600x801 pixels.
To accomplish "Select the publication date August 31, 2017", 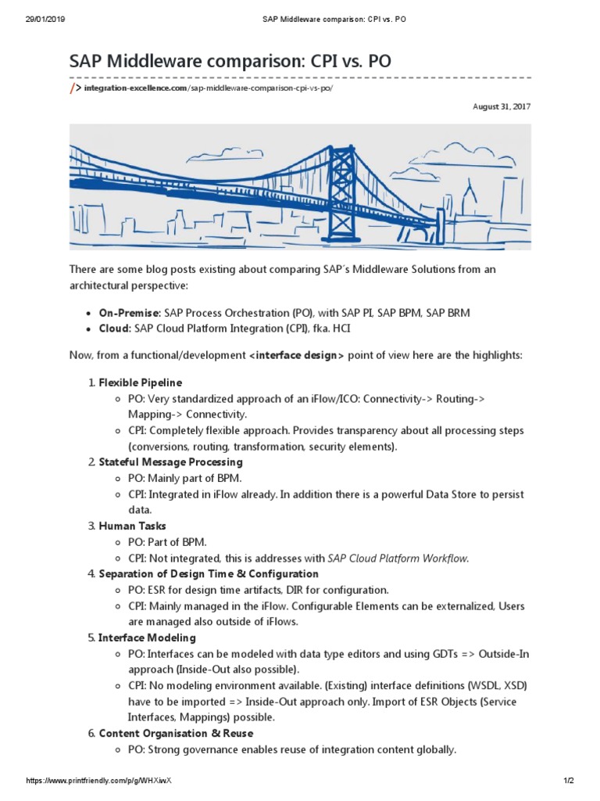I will tap(502, 106).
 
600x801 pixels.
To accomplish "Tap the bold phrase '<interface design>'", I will tap(296, 356).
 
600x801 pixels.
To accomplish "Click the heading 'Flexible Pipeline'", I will tap(141, 383).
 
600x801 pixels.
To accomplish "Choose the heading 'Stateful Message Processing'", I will tap(170, 462).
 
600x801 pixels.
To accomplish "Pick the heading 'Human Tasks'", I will tap(132, 526).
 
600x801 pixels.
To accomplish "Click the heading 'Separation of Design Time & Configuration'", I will tap(209, 574).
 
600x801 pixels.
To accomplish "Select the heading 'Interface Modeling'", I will tap(147, 638).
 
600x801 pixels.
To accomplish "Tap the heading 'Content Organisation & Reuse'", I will tap(176, 734).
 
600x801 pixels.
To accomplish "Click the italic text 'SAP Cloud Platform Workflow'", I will tap(398, 559).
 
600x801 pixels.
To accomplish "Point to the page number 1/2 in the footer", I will tap(569, 781).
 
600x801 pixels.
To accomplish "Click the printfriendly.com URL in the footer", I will tap(98, 781).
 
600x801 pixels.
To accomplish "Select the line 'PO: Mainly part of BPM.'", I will tap(185, 479).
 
